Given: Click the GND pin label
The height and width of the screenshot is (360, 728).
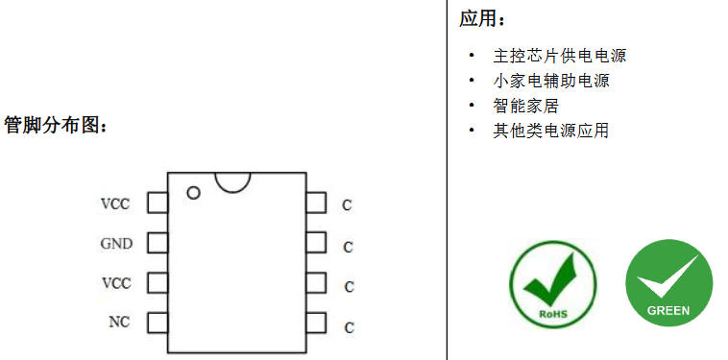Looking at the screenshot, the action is [x=116, y=244].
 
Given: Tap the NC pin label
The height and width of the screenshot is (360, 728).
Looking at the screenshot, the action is [x=119, y=322].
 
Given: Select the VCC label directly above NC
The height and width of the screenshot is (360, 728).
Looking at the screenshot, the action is [x=116, y=282].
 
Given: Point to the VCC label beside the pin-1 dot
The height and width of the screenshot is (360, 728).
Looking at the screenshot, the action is [x=115, y=204].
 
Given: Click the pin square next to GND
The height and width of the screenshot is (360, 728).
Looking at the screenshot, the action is [x=158, y=243].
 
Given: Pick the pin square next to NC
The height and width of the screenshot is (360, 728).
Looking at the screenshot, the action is [x=158, y=323].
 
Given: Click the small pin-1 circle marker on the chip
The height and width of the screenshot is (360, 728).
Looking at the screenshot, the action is [x=193, y=193].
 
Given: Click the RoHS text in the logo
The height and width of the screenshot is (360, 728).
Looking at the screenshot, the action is [x=553, y=314].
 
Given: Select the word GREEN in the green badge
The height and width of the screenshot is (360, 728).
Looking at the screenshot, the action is [x=668, y=310].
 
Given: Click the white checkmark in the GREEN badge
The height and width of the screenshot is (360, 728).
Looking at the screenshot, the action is [x=667, y=276].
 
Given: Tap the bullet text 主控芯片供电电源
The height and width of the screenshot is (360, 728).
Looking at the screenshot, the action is [x=560, y=56].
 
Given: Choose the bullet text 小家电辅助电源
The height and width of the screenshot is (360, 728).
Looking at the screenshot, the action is [x=551, y=81].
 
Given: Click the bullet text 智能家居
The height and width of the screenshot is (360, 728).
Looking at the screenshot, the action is [x=525, y=106].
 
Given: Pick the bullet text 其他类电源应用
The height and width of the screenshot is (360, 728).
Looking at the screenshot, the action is [x=551, y=131].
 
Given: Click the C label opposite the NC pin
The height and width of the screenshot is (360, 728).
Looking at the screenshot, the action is [x=350, y=328].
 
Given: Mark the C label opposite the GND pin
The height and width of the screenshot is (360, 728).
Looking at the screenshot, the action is [x=349, y=248].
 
